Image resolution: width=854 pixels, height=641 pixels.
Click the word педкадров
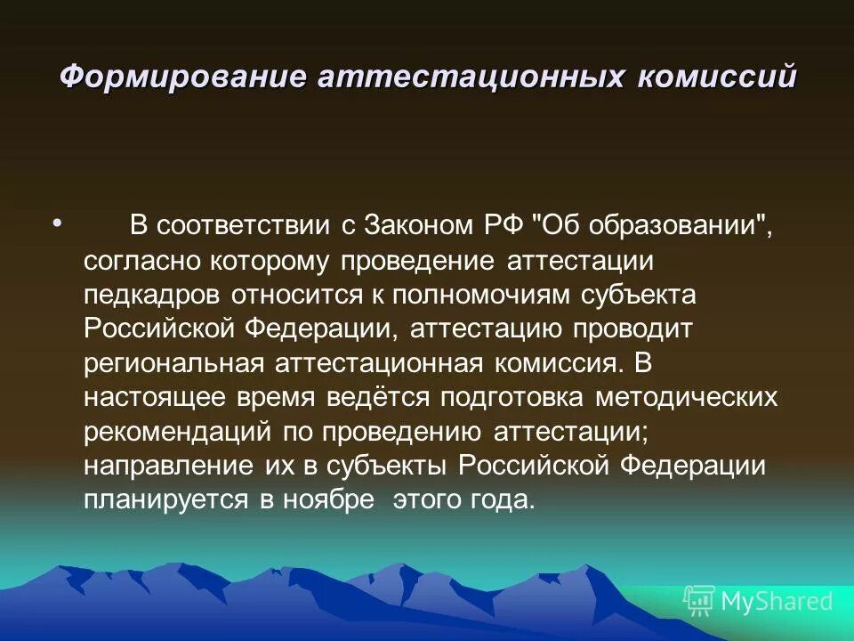coord(154,295)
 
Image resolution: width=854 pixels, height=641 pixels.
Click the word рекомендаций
coord(178,432)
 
